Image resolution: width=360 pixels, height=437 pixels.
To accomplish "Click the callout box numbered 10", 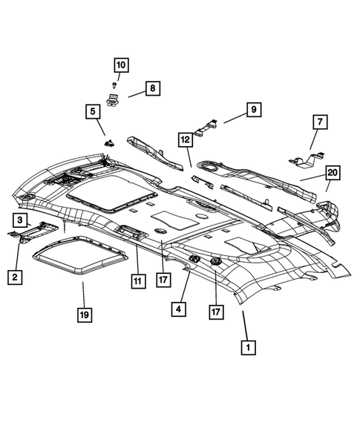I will [x=120, y=65].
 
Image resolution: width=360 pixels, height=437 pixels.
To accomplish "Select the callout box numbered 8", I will [x=151, y=89].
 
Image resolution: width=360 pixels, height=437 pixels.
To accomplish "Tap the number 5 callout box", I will [x=93, y=112].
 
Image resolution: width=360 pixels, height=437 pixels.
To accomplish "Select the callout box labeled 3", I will [x=21, y=219].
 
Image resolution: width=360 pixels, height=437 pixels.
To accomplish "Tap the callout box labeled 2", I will [x=15, y=277].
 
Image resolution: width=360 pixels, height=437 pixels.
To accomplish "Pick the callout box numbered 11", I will [x=137, y=280].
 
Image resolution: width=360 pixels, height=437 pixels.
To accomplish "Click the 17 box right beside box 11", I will [x=161, y=280].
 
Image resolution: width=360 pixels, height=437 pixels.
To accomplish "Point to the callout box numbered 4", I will [x=178, y=306].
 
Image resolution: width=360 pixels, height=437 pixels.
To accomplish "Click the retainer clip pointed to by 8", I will [x=114, y=100].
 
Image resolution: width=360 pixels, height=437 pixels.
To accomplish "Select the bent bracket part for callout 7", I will [x=304, y=157].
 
